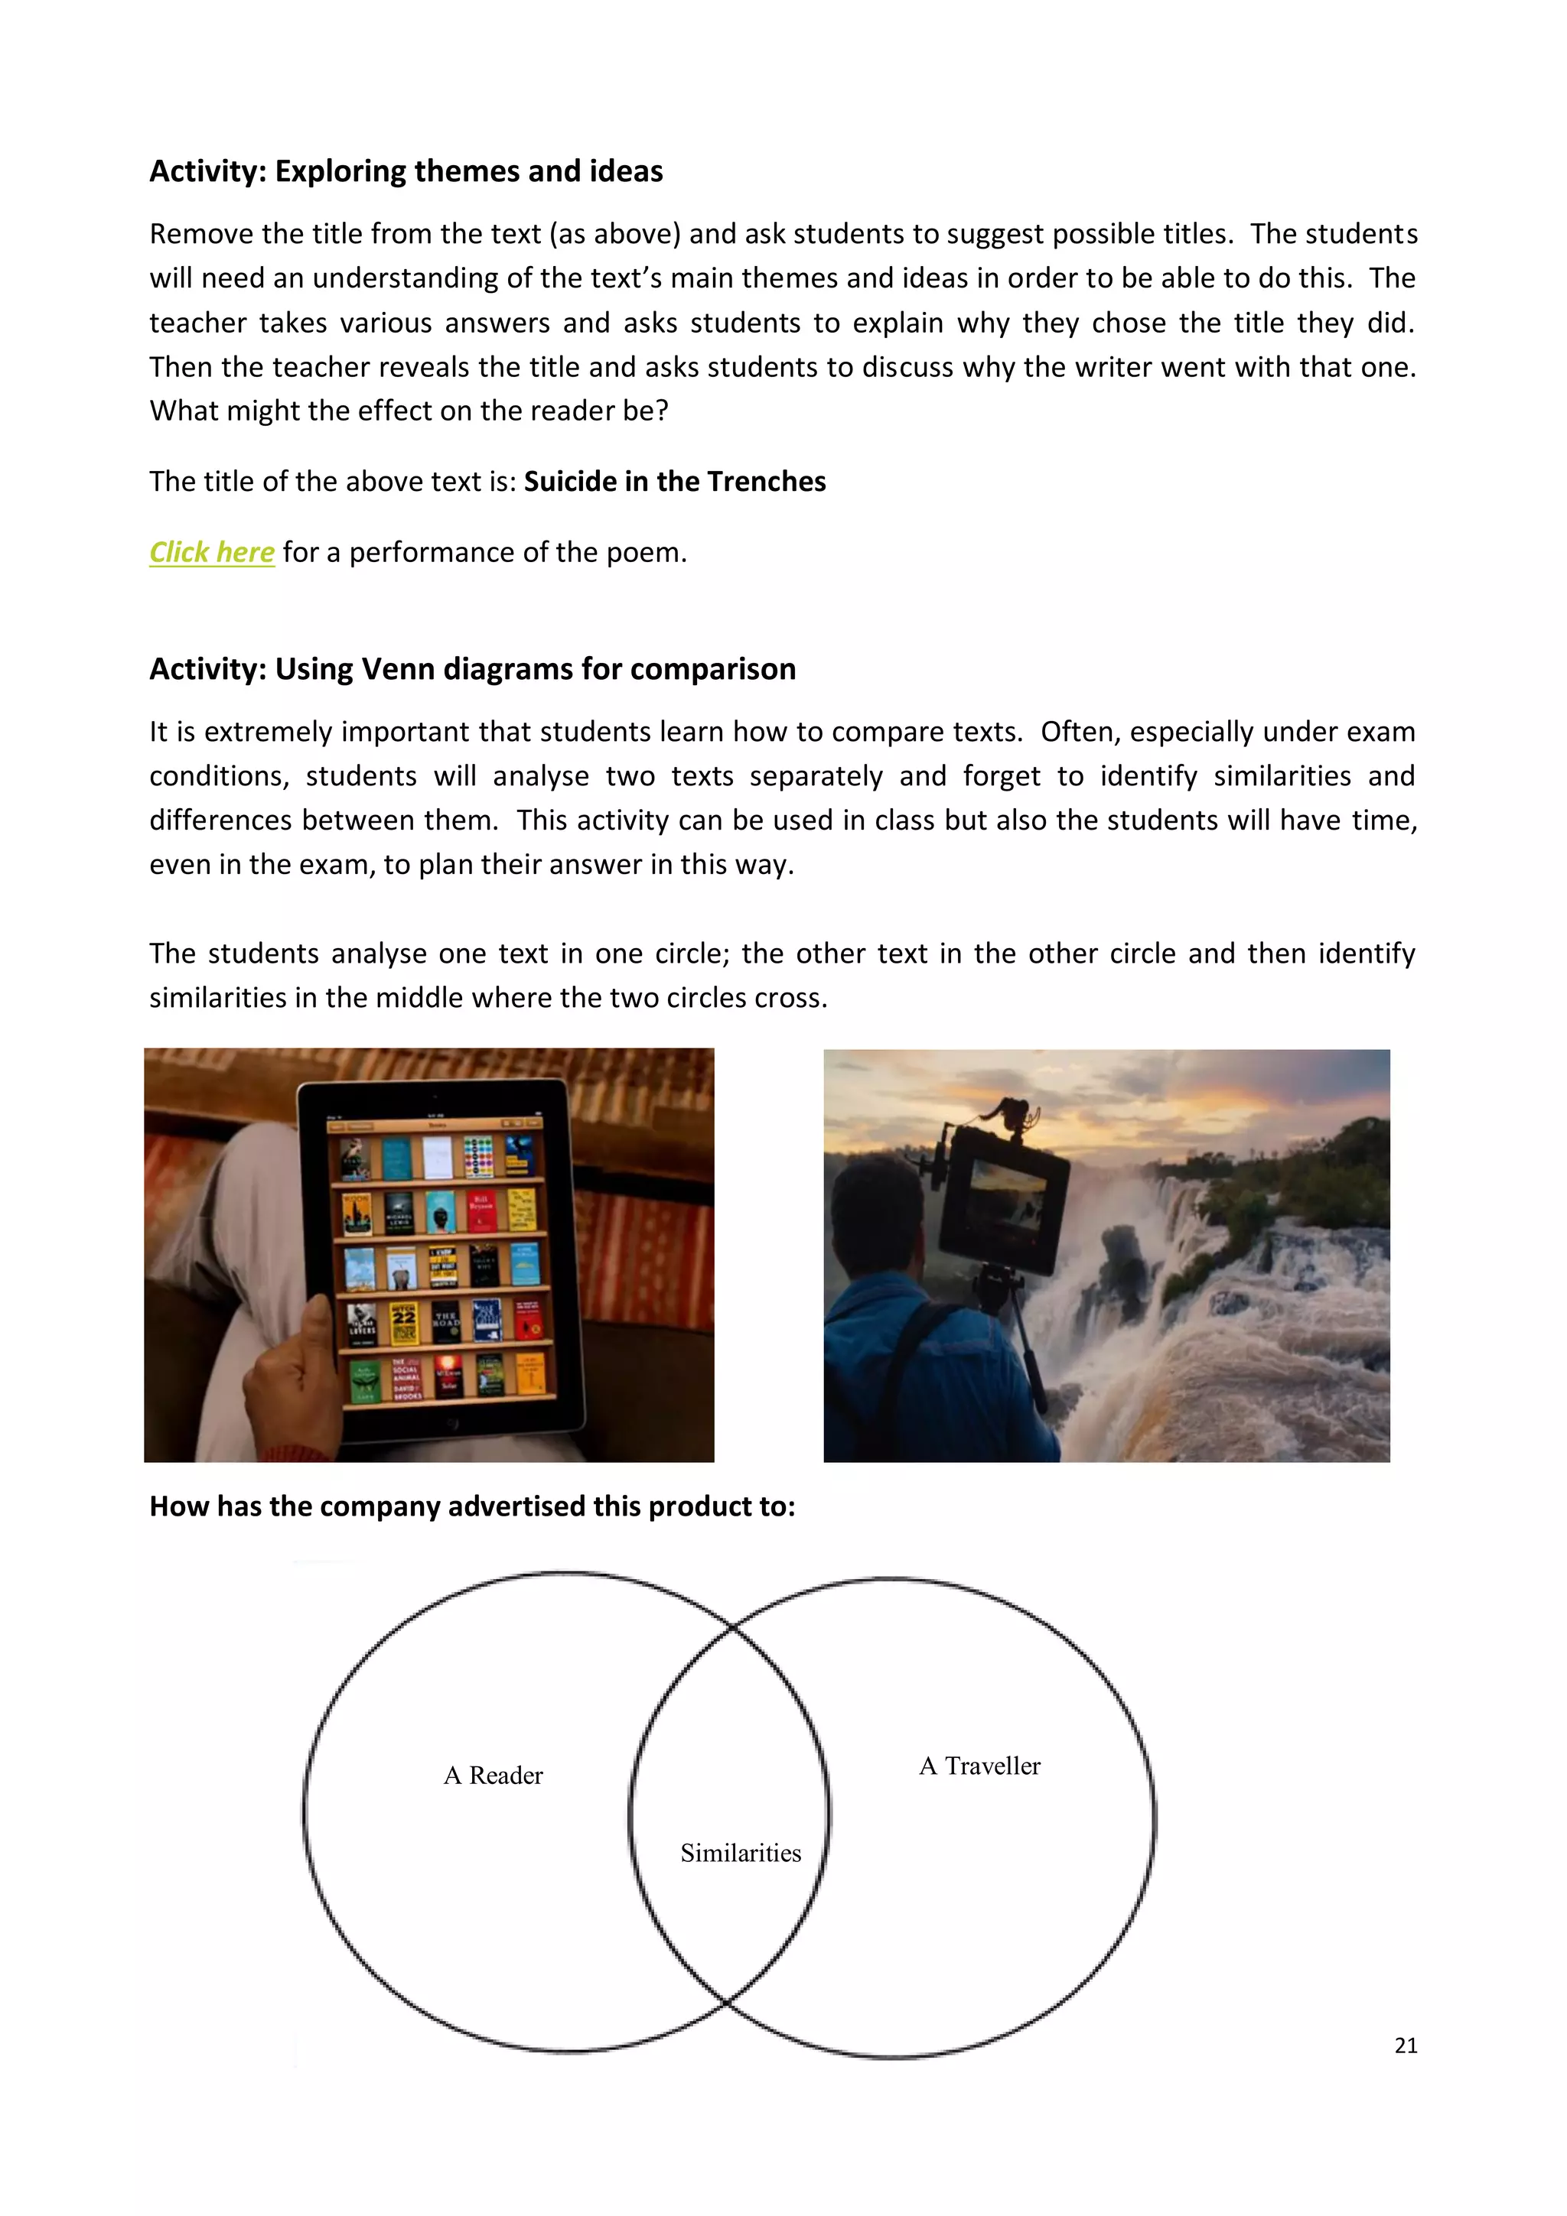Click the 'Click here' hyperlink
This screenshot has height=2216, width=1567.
click(211, 552)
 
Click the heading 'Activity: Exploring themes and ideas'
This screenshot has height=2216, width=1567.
click(406, 171)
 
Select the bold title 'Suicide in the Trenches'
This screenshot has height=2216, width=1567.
click(674, 482)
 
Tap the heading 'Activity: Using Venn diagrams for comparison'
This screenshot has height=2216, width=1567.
click(472, 669)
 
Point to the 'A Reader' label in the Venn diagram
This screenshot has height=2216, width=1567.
click(493, 1776)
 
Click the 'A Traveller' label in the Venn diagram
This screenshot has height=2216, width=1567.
click(979, 1766)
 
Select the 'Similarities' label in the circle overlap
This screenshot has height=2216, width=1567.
click(740, 1853)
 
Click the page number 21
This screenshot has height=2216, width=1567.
click(1405, 2045)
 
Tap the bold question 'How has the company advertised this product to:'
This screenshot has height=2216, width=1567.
click(472, 1506)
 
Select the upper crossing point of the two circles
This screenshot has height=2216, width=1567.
click(731, 1628)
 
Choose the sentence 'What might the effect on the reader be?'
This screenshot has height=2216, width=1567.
click(409, 411)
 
